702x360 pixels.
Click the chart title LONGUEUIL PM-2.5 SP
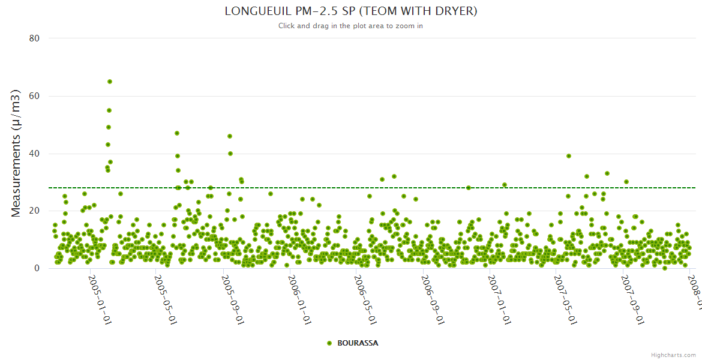pos(351,11)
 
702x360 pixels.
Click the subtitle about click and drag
pos(351,26)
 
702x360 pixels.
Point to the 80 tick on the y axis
pos(34,38)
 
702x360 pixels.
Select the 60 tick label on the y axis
pos(34,96)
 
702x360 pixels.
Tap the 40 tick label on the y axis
pos(34,154)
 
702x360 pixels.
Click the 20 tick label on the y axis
pos(34,211)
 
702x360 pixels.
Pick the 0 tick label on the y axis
pos(37,268)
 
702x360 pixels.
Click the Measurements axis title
pos(16,153)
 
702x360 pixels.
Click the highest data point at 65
pos(110,82)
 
